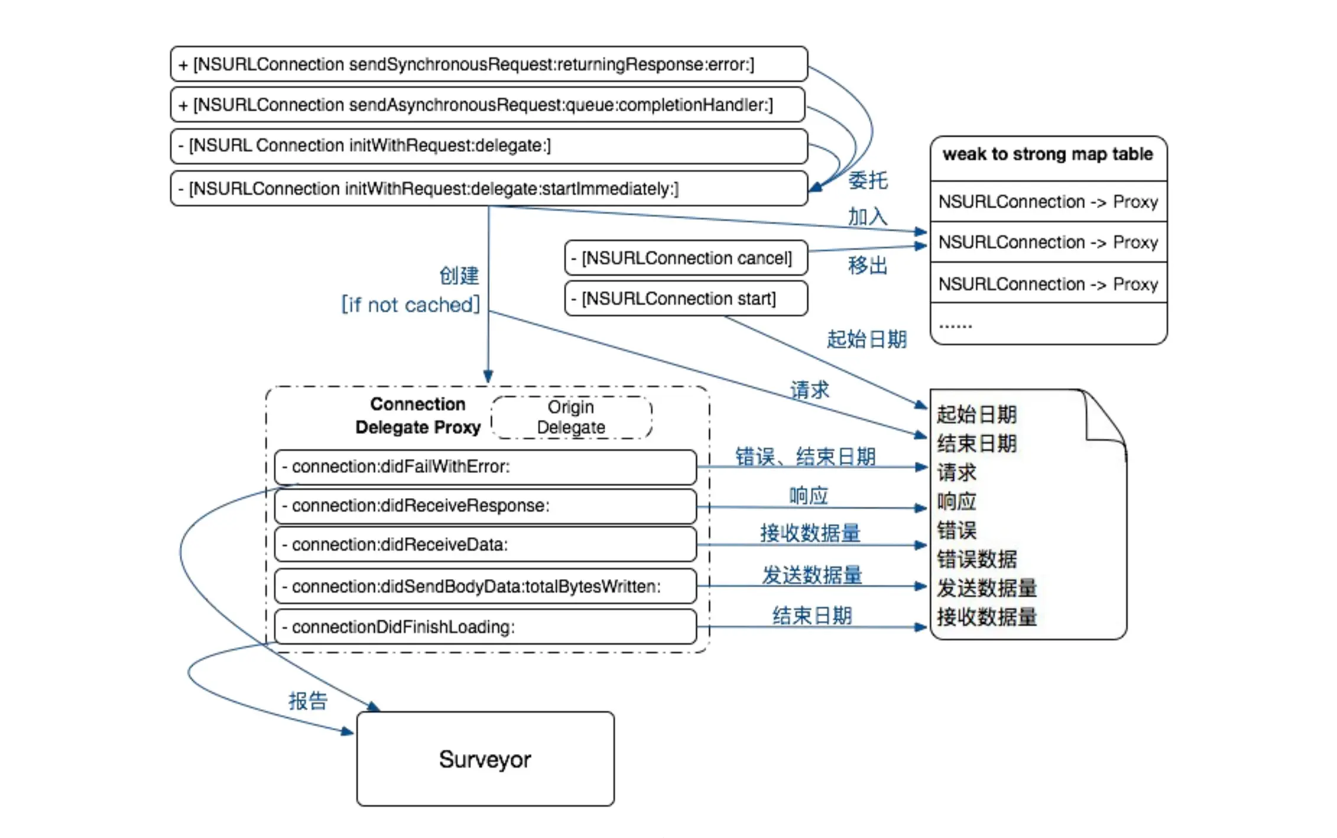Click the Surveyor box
(x=485, y=759)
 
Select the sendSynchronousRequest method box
(x=489, y=64)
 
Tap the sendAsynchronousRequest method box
(x=488, y=105)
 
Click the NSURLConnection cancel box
(x=686, y=258)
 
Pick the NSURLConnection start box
(x=686, y=298)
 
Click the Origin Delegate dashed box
(x=571, y=417)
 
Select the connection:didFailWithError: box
(x=485, y=467)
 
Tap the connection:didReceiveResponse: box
(x=485, y=506)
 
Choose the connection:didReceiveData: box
(x=485, y=544)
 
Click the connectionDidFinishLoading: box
(x=485, y=626)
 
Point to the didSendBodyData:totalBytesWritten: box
(x=485, y=586)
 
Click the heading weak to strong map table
(x=1048, y=154)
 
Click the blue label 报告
(x=308, y=701)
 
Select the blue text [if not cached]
(x=411, y=305)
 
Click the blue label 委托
(x=868, y=180)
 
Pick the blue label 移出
(x=868, y=266)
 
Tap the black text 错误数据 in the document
(x=976, y=559)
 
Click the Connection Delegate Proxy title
(x=418, y=415)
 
